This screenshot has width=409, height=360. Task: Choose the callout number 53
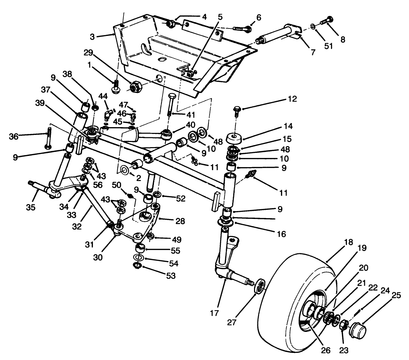tap(171, 276)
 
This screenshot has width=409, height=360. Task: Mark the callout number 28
tap(180, 221)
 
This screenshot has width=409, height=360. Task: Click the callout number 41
tap(182, 115)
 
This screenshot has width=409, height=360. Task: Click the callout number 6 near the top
tap(259, 18)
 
